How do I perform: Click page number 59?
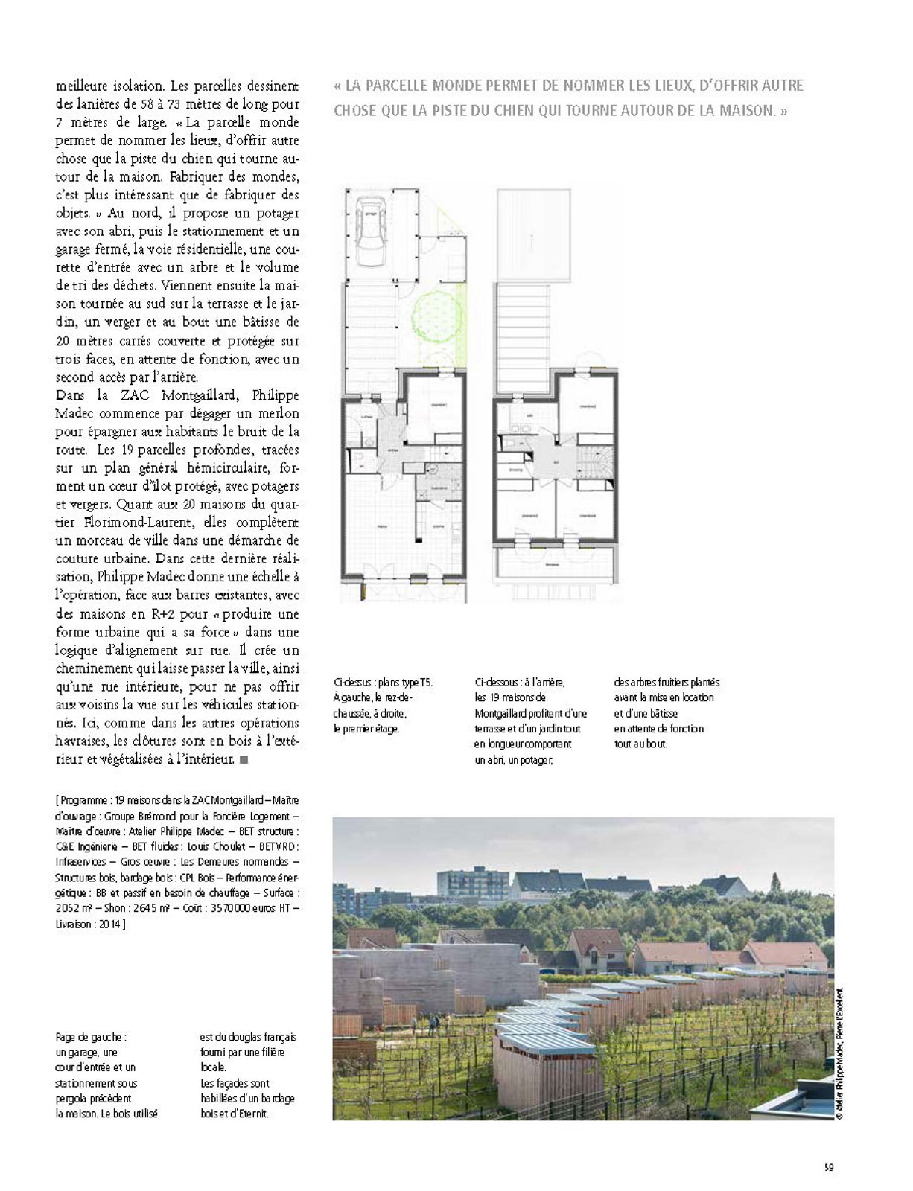coord(828,1166)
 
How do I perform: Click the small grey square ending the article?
coord(245,759)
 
